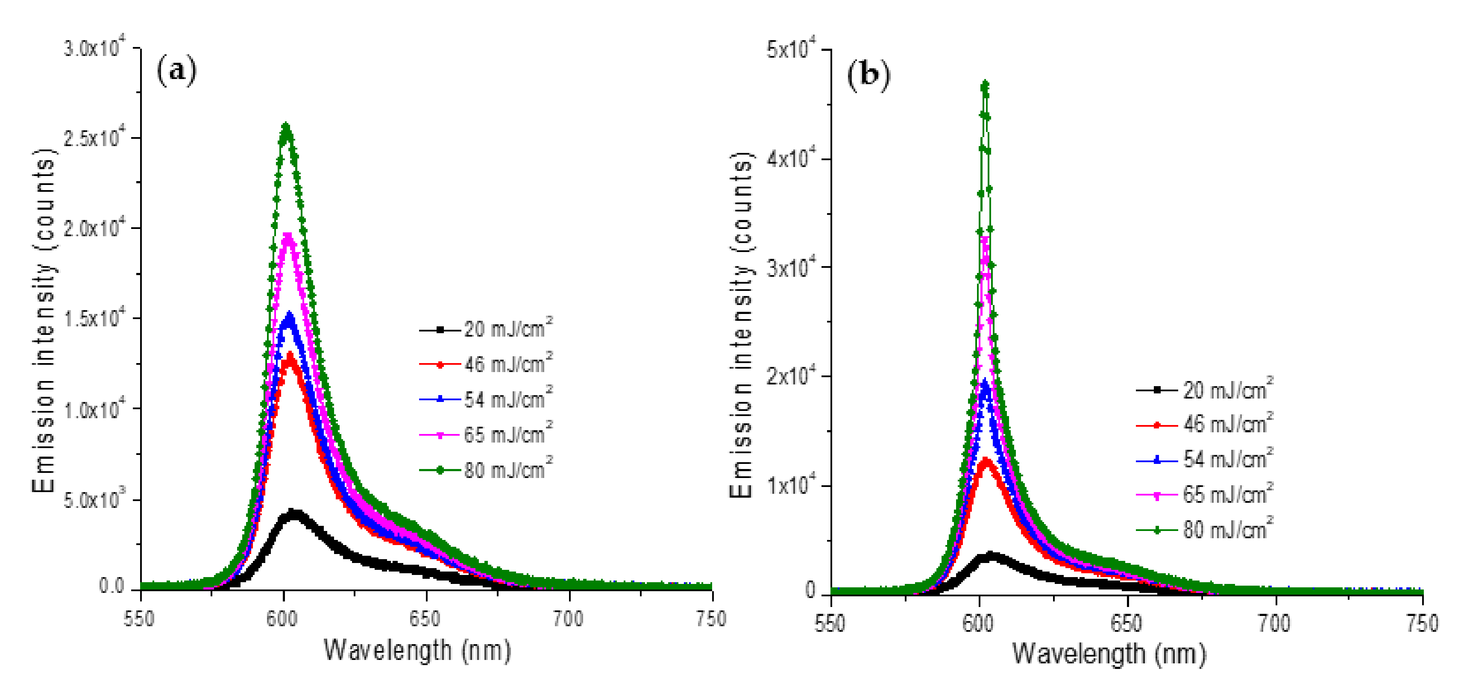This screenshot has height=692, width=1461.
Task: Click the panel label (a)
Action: point(176,70)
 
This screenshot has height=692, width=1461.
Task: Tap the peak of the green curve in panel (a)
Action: point(286,126)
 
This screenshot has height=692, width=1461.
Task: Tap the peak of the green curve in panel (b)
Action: point(985,84)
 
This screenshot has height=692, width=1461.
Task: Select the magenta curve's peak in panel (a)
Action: point(288,235)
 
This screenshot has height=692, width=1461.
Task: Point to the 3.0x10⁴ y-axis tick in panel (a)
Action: point(94,49)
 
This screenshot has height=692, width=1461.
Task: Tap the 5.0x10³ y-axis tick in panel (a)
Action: point(94,500)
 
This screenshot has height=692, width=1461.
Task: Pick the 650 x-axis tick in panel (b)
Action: point(1127,624)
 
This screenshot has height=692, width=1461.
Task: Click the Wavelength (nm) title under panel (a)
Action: point(417,650)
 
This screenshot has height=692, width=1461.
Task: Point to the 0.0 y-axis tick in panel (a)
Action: point(112,586)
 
